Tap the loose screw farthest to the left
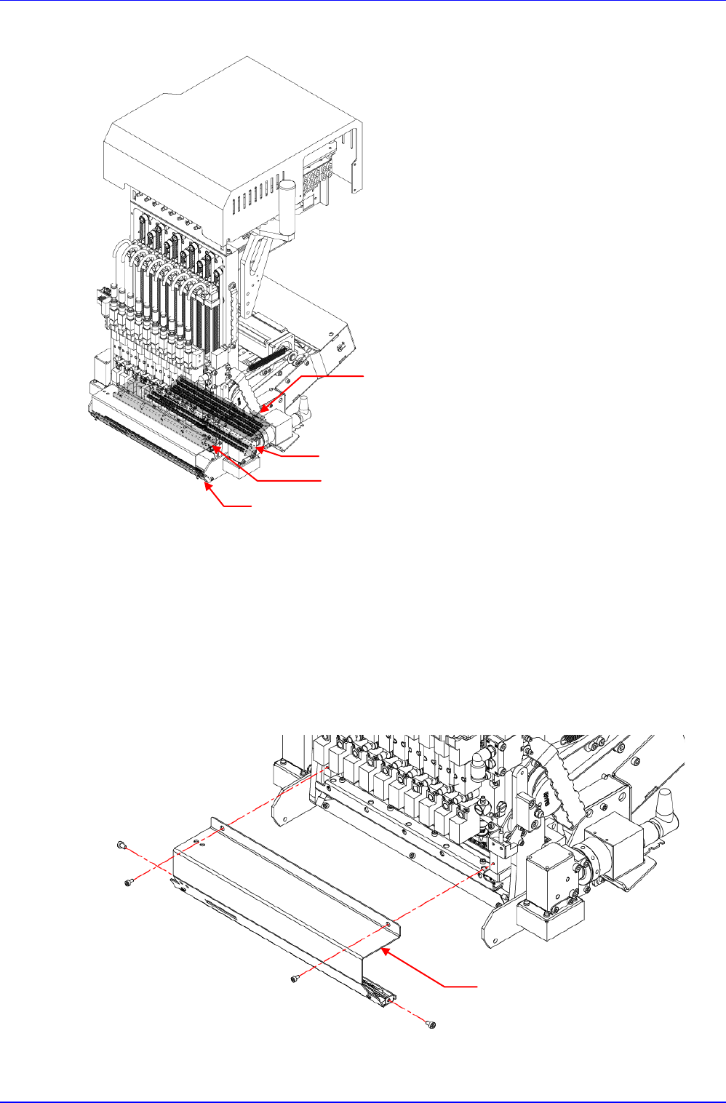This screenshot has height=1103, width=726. (121, 845)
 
